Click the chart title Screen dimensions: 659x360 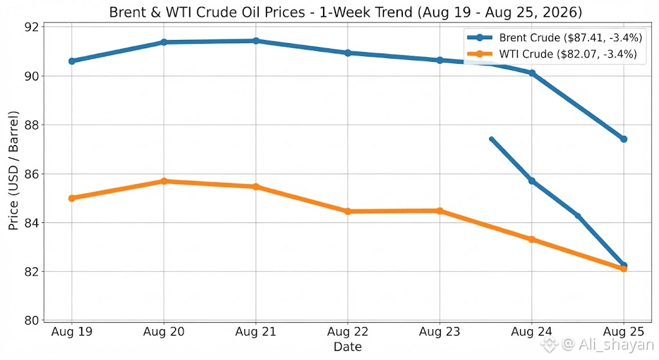[346, 12]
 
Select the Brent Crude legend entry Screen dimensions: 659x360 [555, 37]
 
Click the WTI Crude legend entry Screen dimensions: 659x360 [552, 54]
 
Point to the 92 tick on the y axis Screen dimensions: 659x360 [31, 27]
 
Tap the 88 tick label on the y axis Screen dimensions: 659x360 [31, 125]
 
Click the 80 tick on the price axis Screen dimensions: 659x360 [31, 321]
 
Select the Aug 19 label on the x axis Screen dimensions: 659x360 [71, 332]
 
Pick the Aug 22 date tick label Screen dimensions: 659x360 [348, 332]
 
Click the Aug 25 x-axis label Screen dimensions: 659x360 [624, 332]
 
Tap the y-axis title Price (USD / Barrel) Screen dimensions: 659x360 [14, 171]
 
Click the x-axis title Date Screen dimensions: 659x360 [348, 346]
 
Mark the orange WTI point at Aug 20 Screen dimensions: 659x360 [164, 181]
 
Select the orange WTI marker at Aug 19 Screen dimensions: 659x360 [71, 198]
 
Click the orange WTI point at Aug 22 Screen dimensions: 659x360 [348, 211]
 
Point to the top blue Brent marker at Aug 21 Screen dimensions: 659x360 [256, 41]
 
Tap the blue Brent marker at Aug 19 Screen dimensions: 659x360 [71, 61]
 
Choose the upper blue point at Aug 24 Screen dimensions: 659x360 [532, 73]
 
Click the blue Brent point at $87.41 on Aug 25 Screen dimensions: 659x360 [624, 139]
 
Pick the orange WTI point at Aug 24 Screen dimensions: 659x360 [532, 240]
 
